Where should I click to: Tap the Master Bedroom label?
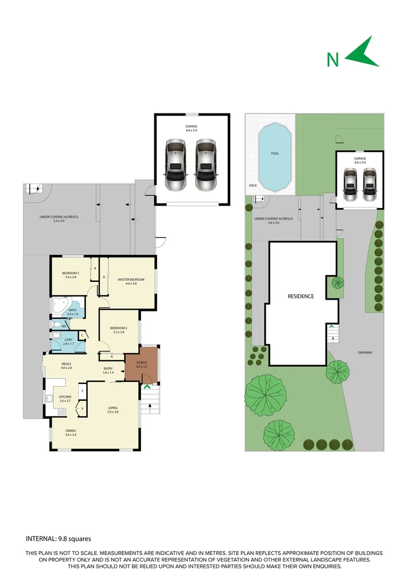[127, 281]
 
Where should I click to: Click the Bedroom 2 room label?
[118, 330]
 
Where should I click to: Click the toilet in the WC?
[57, 325]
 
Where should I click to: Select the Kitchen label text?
[65, 399]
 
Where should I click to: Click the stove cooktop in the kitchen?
[61, 412]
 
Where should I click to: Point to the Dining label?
[71, 432]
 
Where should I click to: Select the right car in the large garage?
[205, 166]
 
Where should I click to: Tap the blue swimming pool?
[275, 157]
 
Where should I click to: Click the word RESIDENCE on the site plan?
[301, 296]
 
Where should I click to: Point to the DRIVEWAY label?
[365, 353]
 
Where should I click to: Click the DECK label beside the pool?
[252, 186]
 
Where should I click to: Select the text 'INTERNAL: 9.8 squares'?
[59, 539]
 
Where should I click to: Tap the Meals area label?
[66, 366]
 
